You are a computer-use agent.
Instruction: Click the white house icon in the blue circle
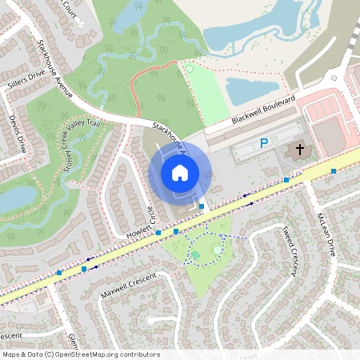click(x=180, y=173)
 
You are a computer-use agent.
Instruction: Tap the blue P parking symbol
click(x=263, y=144)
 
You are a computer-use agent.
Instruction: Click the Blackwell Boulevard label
click(x=253, y=110)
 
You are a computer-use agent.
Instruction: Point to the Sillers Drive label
click(x=26, y=78)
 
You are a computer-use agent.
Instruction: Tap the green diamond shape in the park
click(x=196, y=255)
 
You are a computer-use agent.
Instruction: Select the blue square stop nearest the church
click(x=286, y=180)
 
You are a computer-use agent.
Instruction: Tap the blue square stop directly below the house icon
click(x=202, y=206)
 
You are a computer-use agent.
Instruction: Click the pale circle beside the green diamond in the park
click(x=218, y=250)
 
